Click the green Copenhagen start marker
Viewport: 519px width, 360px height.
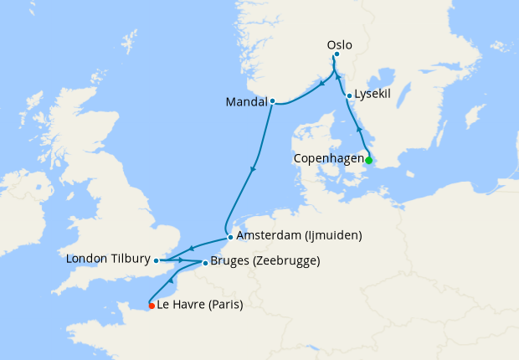point(368,160)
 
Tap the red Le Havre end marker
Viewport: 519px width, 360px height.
point(152,306)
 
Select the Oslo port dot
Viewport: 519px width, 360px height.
point(337,55)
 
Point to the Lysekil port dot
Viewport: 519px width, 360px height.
point(348,95)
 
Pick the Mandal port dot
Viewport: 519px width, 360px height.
point(272,102)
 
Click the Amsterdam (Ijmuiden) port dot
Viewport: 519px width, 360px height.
point(230,237)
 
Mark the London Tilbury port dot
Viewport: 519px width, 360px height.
point(157,260)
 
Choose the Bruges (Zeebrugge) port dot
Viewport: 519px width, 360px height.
point(205,262)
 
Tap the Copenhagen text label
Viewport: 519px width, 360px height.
point(327,158)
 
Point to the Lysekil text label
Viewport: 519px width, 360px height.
point(373,95)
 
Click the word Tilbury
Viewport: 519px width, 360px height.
point(128,260)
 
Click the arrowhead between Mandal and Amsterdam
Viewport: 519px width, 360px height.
point(253,171)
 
